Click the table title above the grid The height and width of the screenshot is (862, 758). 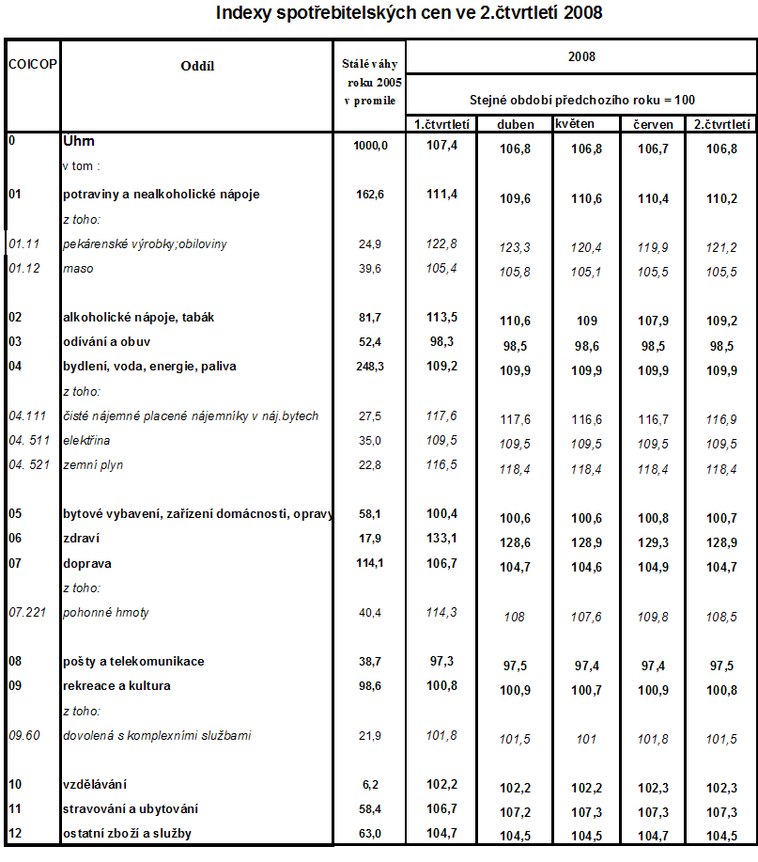click(x=409, y=13)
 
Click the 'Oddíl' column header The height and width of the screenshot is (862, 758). click(x=197, y=65)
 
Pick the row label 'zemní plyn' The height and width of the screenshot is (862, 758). click(x=93, y=464)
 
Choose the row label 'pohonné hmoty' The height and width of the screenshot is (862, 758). click(x=104, y=612)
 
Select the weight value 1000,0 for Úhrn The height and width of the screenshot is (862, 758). click(x=371, y=146)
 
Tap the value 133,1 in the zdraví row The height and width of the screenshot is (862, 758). click(x=441, y=539)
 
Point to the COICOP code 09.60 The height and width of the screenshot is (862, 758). click(x=25, y=735)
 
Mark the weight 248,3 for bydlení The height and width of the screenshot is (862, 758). click(x=369, y=366)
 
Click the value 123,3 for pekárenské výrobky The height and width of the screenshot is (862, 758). click(x=515, y=247)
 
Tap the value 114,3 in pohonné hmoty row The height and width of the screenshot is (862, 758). click(x=441, y=611)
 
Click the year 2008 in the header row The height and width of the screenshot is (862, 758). click(x=582, y=56)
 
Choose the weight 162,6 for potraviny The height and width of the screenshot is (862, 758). click(x=369, y=195)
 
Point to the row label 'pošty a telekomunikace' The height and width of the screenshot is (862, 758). click(x=132, y=661)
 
